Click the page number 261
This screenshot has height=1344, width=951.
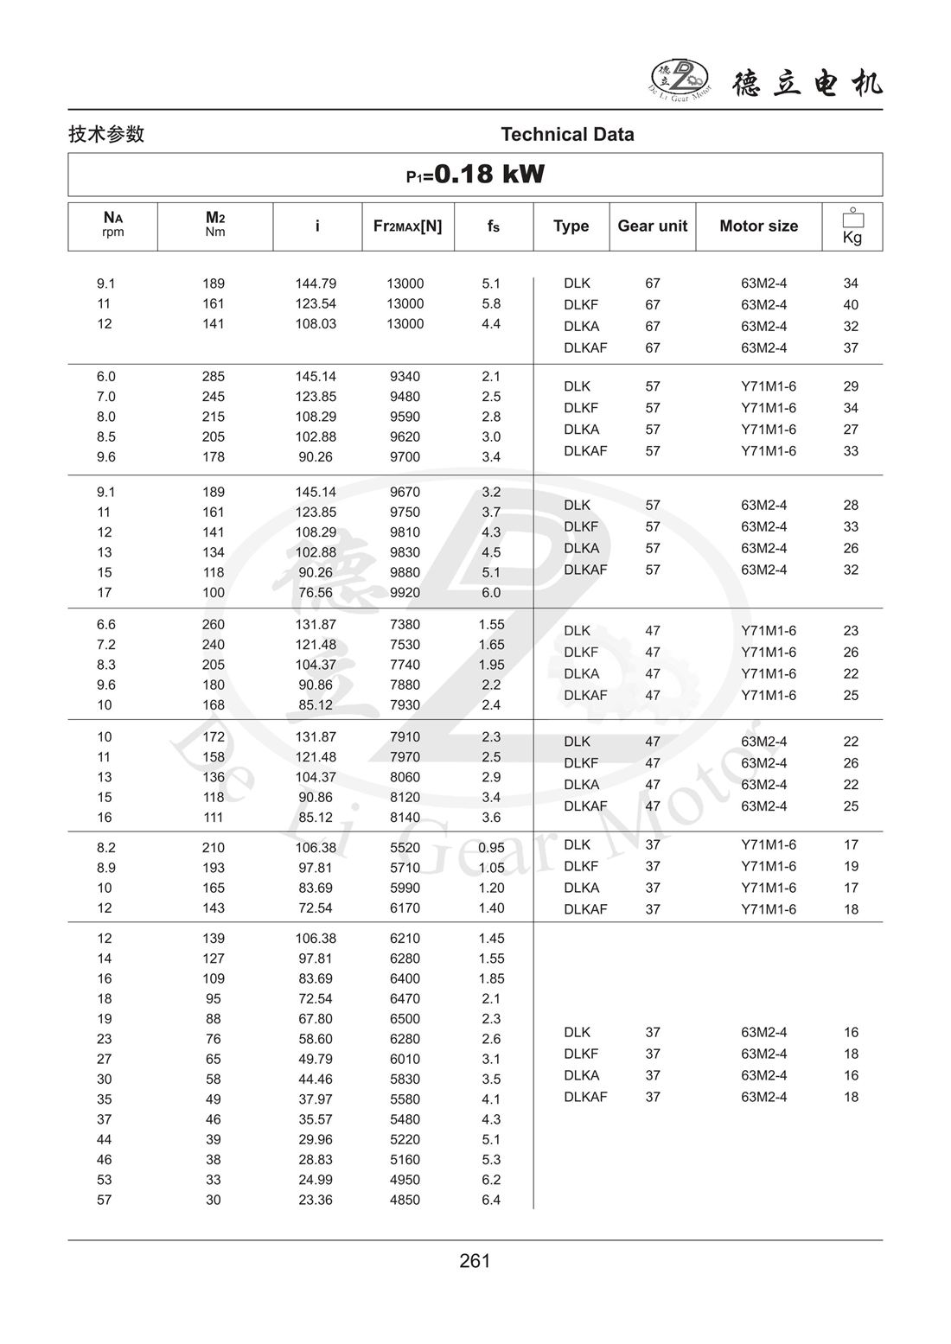[475, 1261]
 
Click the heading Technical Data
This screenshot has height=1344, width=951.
[567, 134]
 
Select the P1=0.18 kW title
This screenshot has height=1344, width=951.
[475, 175]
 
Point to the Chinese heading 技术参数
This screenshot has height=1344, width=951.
[106, 134]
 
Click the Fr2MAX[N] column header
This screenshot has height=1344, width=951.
[407, 226]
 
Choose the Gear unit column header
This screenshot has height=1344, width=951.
[652, 226]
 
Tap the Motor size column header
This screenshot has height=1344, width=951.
[758, 226]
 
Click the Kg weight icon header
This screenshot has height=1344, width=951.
[852, 226]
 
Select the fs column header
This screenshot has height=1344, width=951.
[493, 226]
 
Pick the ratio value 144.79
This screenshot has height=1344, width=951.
[316, 283]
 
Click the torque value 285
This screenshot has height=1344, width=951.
[213, 377]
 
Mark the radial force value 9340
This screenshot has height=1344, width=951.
[405, 377]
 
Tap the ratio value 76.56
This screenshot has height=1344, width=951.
[316, 593]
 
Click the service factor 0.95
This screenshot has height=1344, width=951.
[491, 848]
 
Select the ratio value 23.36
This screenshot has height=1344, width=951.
[316, 1200]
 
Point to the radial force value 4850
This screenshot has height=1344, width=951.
[405, 1200]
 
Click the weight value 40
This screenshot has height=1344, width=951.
[851, 305]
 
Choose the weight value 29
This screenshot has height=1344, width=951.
[851, 386]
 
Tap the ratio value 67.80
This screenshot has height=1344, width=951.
[316, 1019]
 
